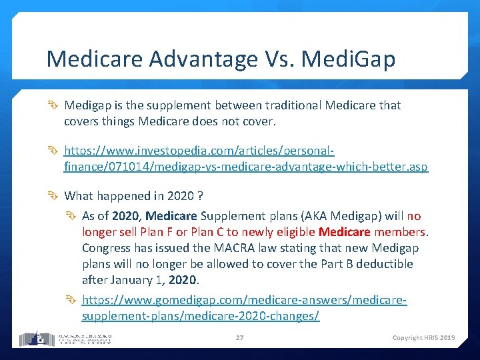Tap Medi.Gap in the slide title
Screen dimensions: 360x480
[x=349, y=59]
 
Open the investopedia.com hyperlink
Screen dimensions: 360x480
[x=246, y=159]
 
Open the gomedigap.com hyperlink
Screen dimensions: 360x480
[x=244, y=308]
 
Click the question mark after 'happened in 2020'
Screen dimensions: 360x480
[x=200, y=196]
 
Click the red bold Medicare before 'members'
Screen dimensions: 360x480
[x=344, y=232]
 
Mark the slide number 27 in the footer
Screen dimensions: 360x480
[x=239, y=338]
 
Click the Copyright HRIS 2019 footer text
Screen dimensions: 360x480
[x=423, y=338]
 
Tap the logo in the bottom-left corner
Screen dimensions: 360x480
[x=65, y=337]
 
